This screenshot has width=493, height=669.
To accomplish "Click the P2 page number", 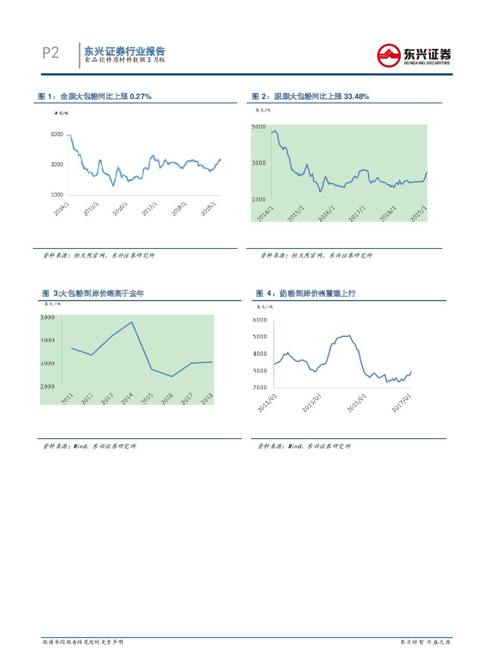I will click(x=51, y=53).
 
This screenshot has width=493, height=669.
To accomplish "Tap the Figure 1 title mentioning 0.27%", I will click(x=94, y=96).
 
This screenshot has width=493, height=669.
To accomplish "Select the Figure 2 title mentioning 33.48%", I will click(x=310, y=96).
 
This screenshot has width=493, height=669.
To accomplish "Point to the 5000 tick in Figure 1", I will click(x=58, y=135).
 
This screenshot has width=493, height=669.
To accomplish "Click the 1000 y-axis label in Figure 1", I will click(x=58, y=195).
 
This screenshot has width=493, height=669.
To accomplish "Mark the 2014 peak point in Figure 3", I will click(x=132, y=322).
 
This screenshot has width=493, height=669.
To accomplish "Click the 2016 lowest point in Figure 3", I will click(x=172, y=376).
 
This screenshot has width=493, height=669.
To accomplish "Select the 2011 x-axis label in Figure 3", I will click(x=68, y=398).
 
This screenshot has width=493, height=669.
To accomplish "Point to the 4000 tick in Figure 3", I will click(x=48, y=340).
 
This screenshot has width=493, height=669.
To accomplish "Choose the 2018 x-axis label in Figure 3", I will click(x=207, y=398).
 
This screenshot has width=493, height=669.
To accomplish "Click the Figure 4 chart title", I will click(x=305, y=293).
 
